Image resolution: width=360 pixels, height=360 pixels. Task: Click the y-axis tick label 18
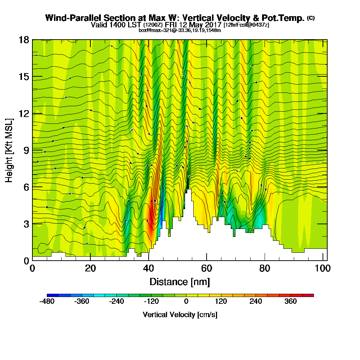[x=24, y=40]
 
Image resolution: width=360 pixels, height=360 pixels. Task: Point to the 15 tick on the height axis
[x=24, y=77]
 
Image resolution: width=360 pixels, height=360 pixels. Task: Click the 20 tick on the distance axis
[x=90, y=268]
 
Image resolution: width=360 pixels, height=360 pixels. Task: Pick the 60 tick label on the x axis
[x=206, y=268]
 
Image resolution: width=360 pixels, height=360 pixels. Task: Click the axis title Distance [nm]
[x=180, y=282]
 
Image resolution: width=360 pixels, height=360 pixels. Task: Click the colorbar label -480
[x=47, y=302]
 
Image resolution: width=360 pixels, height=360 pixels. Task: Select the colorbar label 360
[x=291, y=302]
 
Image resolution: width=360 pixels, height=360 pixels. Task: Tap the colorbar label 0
[x=186, y=302]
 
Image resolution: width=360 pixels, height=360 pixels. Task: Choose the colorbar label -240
[x=116, y=302]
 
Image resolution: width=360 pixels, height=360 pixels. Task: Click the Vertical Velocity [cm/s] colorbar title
[x=180, y=315]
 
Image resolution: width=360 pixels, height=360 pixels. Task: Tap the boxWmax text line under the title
[x=180, y=30]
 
